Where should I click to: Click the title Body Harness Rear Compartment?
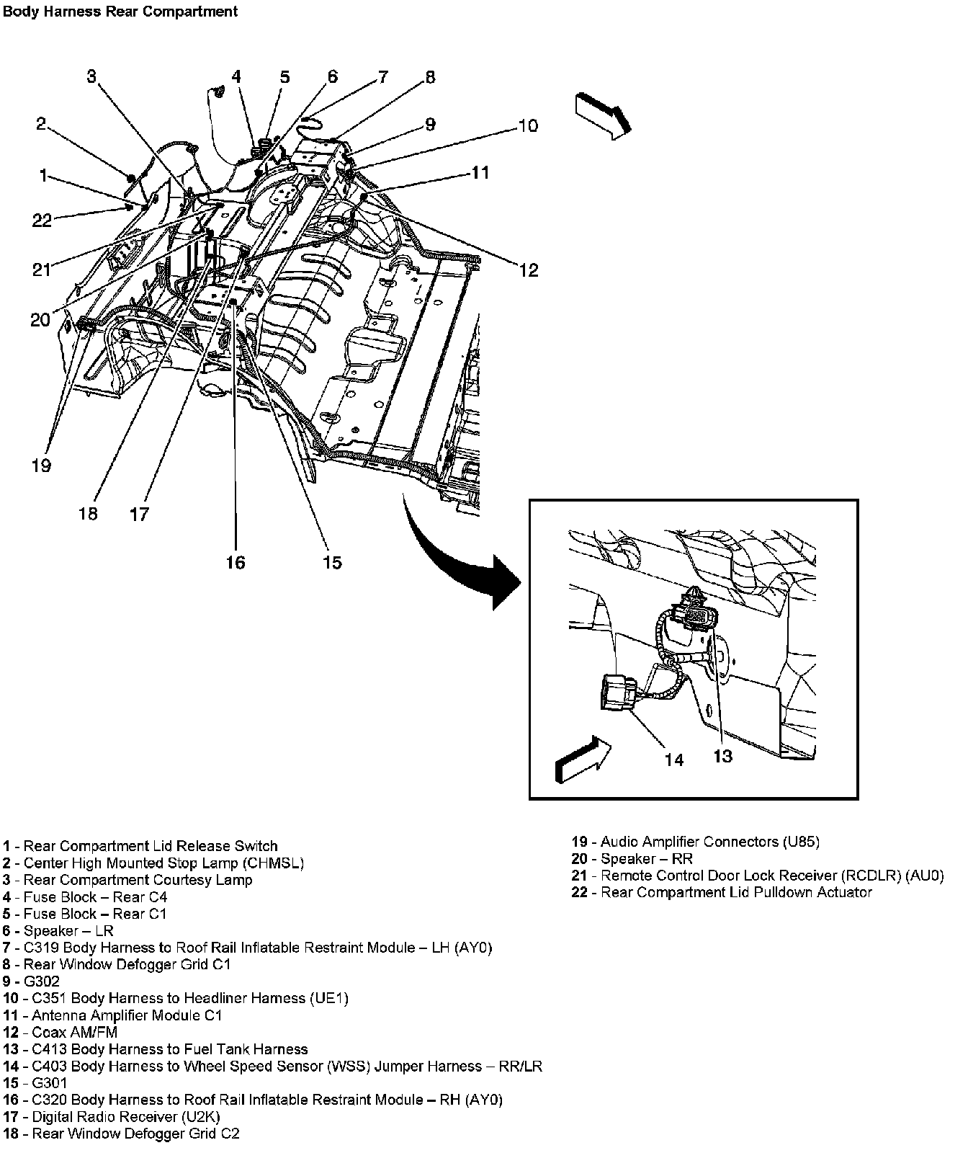pyautogui.click(x=120, y=12)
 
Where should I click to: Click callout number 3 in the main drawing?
pyautogui.click(x=91, y=76)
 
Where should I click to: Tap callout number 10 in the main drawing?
pyautogui.click(x=528, y=125)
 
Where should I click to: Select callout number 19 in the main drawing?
pyautogui.click(x=42, y=466)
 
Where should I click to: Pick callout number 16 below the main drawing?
pyautogui.click(x=236, y=562)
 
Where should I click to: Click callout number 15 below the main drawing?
pyautogui.click(x=332, y=562)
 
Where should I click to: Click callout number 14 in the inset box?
pyautogui.click(x=673, y=760)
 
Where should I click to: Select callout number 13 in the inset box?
pyautogui.click(x=722, y=755)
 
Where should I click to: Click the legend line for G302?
pyautogui.click(x=32, y=981)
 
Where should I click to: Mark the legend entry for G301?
pyautogui.click(x=32, y=1082)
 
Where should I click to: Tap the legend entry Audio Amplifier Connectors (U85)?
pyautogui.click(x=696, y=842)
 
